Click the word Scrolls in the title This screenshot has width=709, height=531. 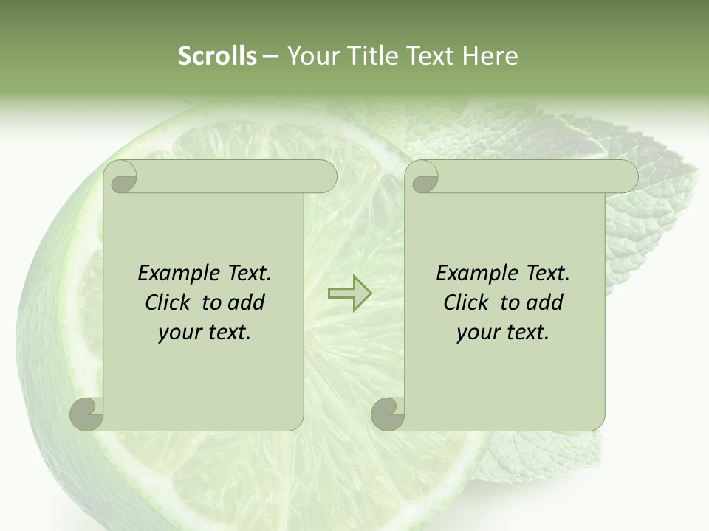(218, 56)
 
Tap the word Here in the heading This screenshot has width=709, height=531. (489, 56)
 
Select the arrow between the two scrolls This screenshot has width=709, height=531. (349, 293)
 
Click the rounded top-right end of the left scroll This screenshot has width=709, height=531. (326, 176)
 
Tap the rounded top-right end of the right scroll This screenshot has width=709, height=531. (627, 176)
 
